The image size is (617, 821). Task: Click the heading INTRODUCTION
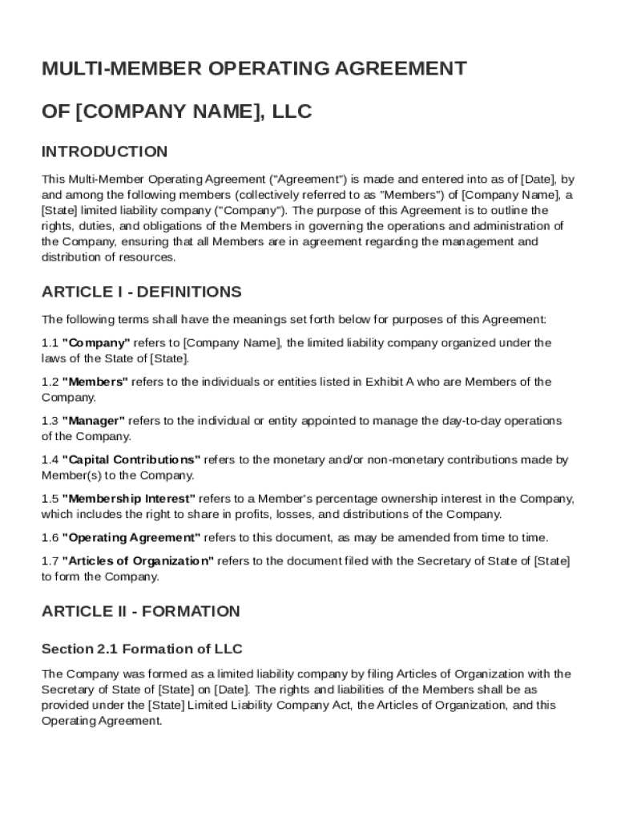(104, 152)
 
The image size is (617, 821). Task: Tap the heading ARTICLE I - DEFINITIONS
(141, 292)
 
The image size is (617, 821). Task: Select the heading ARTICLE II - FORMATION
(140, 611)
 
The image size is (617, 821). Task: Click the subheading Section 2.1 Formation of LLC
(142, 649)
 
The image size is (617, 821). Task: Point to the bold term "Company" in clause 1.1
(95, 343)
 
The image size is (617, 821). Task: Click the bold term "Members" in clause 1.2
(95, 382)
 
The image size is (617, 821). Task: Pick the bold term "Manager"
(93, 421)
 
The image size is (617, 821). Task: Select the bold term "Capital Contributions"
(131, 460)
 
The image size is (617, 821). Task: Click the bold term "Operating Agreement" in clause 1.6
(131, 538)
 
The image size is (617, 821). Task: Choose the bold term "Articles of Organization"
(138, 561)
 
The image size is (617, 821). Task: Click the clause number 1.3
(50, 421)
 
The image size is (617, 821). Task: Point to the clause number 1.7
(50, 561)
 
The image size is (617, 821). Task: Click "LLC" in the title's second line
(292, 111)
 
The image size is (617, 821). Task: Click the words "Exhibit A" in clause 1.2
(391, 382)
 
